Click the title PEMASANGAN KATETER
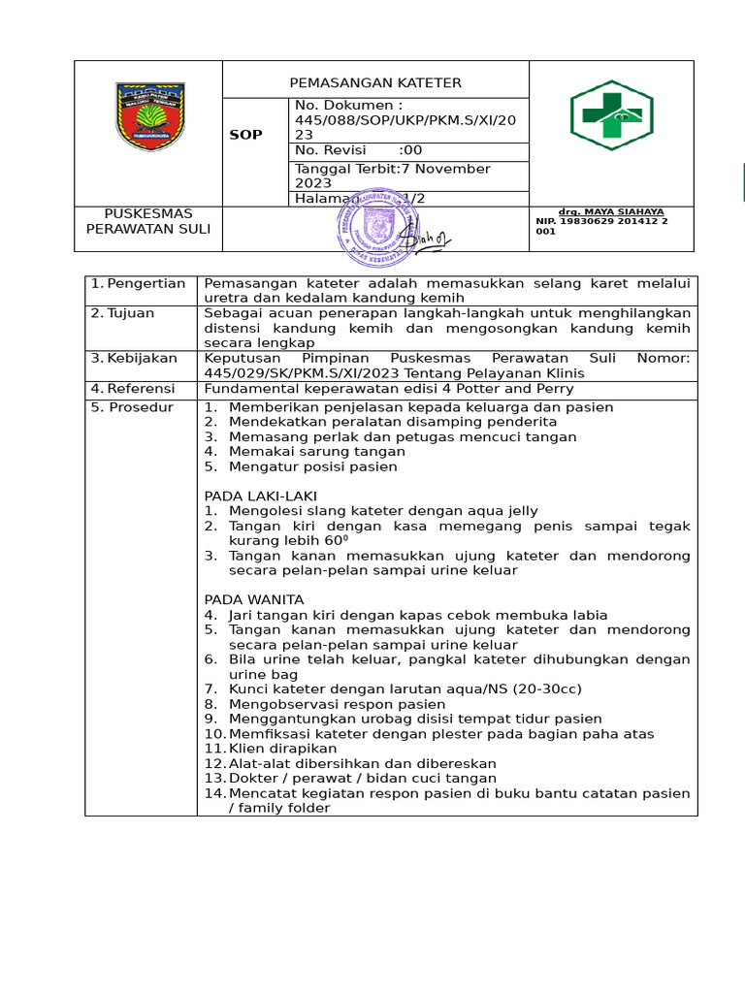[x=375, y=82]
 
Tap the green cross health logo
[x=610, y=115]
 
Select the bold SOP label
[x=245, y=135]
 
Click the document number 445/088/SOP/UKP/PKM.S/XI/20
[x=407, y=119]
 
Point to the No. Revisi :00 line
[x=359, y=150]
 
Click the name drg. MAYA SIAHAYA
[x=611, y=211]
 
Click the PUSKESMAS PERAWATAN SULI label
[x=148, y=221]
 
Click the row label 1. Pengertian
[x=138, y=283]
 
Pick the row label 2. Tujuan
[x=123, y=313]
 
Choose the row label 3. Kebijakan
[x=132, y=358]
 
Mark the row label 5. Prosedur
[x=133, y=407]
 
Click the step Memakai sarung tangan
[x=316, y=451]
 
